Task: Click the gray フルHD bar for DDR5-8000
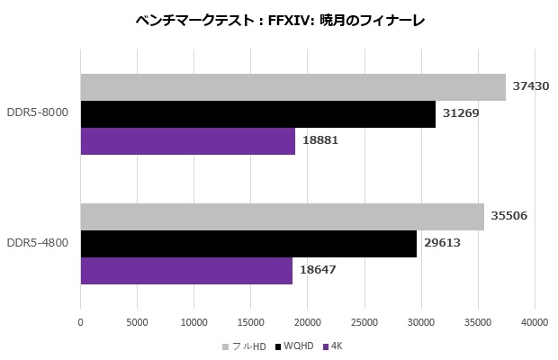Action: click(292, 87)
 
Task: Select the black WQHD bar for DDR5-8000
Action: click(257, 114)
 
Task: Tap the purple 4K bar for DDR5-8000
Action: click(187, 141)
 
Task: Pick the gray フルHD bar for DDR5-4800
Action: click(282, 216)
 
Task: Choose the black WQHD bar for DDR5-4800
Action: click(248, 243)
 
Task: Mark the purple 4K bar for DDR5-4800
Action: click(186, 270)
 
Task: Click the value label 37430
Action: click(531, 87)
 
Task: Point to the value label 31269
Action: click(461, 114)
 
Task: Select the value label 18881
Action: click(320, 141)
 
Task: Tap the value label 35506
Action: click(509, 216)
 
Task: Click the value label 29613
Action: click(442, 243)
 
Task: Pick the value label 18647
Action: click(318, 270)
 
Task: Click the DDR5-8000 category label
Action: click(38, 114)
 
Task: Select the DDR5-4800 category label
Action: click(38, 243)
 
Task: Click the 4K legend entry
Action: click(336, 346)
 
